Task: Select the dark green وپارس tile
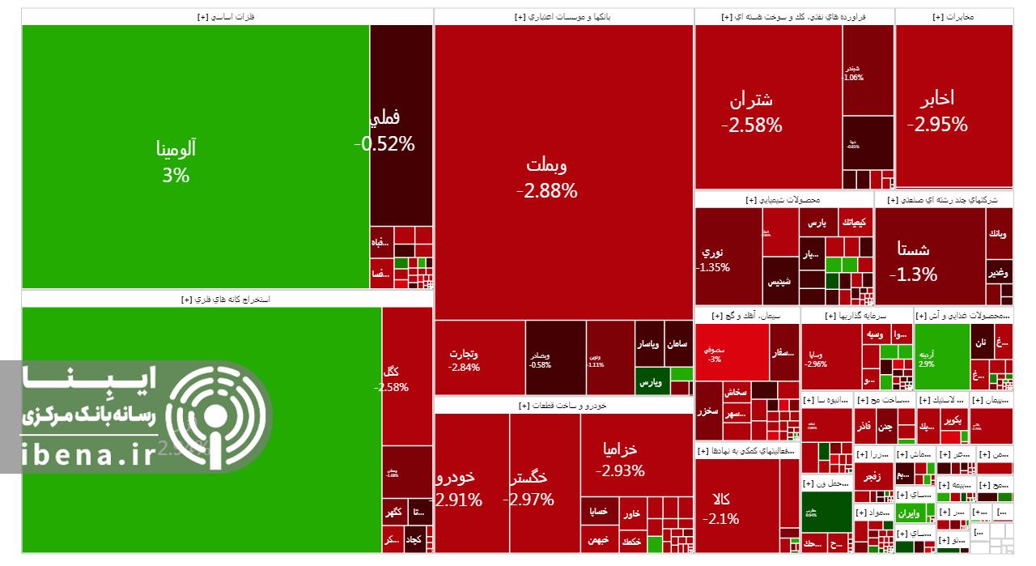649,380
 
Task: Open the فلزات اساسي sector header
227,16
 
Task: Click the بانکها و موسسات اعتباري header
563,16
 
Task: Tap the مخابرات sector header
953,16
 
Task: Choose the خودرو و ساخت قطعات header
563,405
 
